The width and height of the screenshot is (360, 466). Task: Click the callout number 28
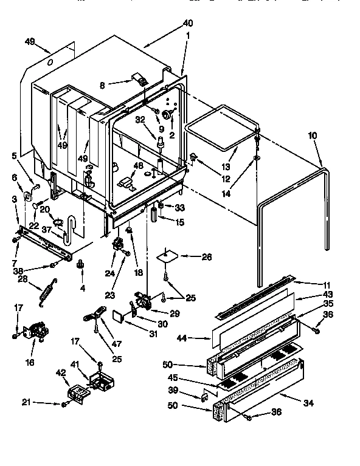tap(23, 279)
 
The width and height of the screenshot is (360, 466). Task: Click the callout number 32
tap(141, 120)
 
